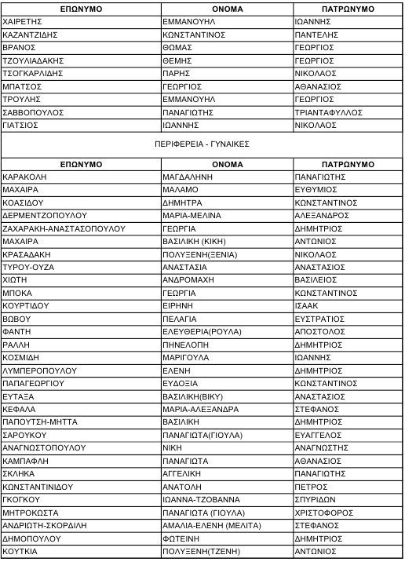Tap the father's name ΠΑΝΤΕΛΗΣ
click(x=316, y=35)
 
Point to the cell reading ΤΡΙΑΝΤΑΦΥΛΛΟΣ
click(x=328, y=112)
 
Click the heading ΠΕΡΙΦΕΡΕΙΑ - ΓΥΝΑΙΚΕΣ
click(x=202, y=144)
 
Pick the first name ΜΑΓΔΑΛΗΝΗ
click(x=188, y=177)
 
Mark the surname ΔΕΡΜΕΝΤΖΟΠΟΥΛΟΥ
click(x=45, y=214)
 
